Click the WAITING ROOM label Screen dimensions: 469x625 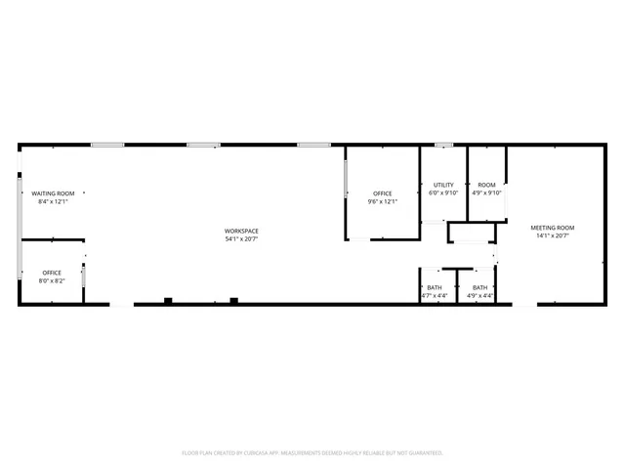coord(53,193)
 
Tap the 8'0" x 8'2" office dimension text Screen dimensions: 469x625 coord(52,280)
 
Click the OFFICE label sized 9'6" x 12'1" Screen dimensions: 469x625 coord(382,193)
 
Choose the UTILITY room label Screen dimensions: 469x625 coord(443,185)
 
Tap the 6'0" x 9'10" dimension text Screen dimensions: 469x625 coord(443,192)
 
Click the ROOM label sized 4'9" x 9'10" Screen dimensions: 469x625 coord(486,185)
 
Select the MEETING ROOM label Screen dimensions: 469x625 coord(553,228)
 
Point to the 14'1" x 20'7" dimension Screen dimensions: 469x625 coord(553,235)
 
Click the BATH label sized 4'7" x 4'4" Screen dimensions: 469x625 coord(435,287)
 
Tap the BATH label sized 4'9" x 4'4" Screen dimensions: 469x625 coord(480,287)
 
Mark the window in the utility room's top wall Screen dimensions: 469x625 coord(443,146)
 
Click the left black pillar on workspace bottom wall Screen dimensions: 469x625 coord(169,300)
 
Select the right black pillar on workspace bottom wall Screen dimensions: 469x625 coord(232,300)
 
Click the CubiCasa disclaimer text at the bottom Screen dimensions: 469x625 coord(312,452)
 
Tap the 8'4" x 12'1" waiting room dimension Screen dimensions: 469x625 coord(53,201)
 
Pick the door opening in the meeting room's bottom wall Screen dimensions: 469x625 coord(524,305)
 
